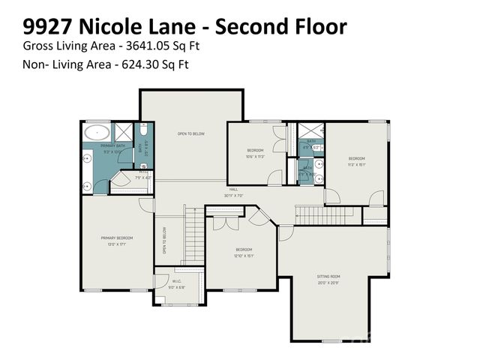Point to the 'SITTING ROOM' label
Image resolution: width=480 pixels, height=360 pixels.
tap(328, 276)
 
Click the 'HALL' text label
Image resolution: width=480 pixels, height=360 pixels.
tap(234, 190)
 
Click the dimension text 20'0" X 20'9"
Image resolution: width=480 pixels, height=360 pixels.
tap(328, 283)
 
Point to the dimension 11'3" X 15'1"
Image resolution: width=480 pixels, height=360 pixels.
tap(356, 164)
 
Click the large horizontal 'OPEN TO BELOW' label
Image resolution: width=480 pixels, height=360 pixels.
tap(191, 133)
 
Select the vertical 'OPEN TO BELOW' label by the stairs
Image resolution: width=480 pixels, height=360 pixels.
tap(164, 241)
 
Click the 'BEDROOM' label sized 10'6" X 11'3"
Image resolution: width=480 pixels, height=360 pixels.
tap(256, 150)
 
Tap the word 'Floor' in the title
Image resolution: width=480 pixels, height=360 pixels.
tap(319, 28)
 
